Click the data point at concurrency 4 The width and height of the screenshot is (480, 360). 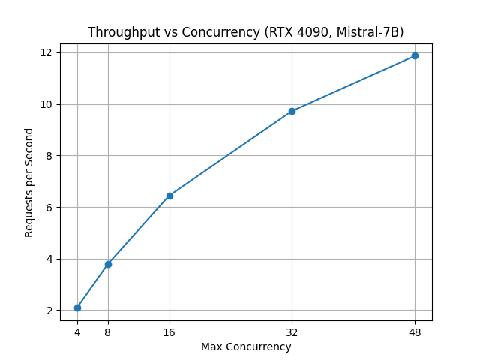coord(77,307)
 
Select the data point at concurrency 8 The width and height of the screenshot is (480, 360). coord(108,264)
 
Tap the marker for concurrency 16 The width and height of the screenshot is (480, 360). coord(169,196)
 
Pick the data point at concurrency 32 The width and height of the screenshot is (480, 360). coord(292,111)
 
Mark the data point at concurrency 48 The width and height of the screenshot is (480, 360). coord(415,55)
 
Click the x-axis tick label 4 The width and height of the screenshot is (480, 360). coord(77,331)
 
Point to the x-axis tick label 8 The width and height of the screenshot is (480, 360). coord(108,331)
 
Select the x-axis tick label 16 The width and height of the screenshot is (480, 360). coord(169,331)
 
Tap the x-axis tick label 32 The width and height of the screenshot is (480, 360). coord(292,331)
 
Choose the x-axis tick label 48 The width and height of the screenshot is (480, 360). coord(415,331)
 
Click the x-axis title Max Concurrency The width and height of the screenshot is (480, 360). coord(246,346)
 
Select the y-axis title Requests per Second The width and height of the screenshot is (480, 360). coord(29,182)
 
